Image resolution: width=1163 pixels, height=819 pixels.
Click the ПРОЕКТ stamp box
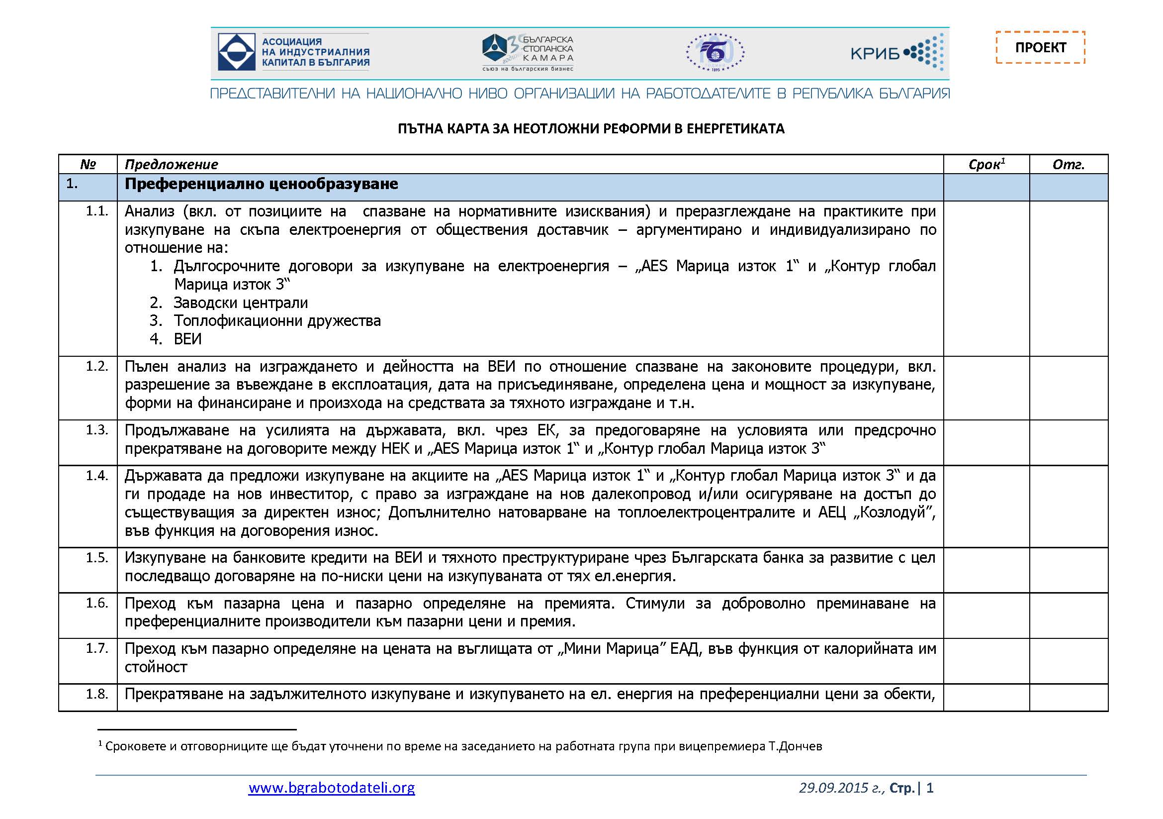click(1040, 48)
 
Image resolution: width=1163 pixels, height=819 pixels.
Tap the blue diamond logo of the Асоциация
click(236, 52)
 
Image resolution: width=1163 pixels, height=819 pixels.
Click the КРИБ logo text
click(875, 53)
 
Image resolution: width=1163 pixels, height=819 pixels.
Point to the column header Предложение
click(171, 164)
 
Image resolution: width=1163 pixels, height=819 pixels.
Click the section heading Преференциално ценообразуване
click(262, 184)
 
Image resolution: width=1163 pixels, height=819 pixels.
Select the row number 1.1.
click(97, 211)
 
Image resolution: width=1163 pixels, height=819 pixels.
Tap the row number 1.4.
click(97, 475)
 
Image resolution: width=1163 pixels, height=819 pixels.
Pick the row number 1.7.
click(97, 648)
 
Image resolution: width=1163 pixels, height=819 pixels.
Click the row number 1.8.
click(97, 694)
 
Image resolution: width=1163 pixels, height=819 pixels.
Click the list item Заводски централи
click(241, 303)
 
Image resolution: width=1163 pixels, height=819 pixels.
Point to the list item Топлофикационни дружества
click(277, 321)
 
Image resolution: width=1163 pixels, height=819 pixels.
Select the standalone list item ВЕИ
click(187, 339)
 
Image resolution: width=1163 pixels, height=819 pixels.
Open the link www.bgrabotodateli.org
click(331, 788)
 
